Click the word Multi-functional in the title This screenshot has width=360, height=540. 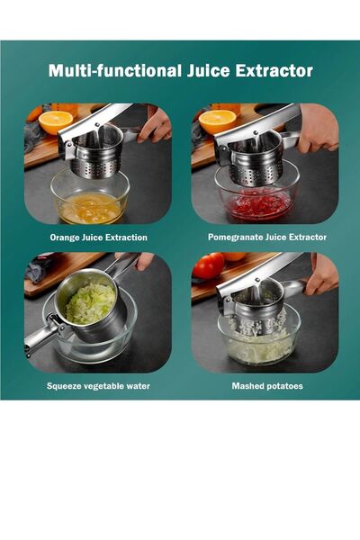tap(115, 70)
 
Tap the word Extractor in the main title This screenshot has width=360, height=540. tap(274, 70)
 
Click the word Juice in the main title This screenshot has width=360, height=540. tap(208, 70)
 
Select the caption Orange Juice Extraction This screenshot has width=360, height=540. tap(98, 238)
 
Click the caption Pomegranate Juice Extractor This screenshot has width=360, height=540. tap(267, 237)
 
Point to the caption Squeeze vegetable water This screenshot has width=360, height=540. tap(98, 386)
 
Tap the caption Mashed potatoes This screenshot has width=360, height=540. tap(267, 386)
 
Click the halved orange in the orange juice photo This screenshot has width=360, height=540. tap(56, 121)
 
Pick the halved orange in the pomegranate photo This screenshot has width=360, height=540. tap(217, 121)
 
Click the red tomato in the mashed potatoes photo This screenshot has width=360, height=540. tap(209, 265)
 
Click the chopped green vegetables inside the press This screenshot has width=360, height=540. tap(91, 303)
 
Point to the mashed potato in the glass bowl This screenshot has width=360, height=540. tap(260, 346)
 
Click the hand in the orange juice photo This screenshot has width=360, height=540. tap(155, 124)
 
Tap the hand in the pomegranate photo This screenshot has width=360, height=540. tap(318, 128)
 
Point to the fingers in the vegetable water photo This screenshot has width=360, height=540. tap(144, 261)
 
